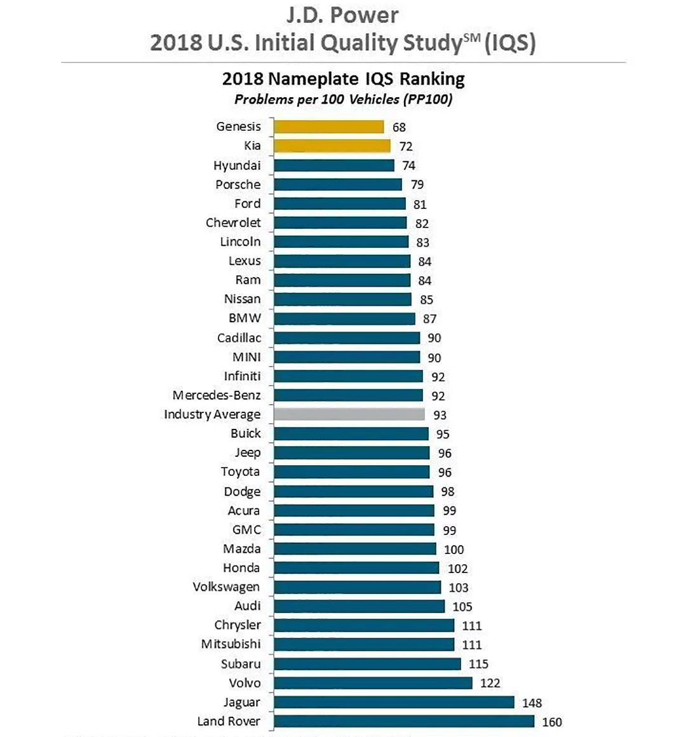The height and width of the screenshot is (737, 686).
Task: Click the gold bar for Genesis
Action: click(x=328, y=126)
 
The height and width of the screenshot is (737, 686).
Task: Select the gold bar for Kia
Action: click(x=332, y=145)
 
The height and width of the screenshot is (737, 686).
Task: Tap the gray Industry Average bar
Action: click(x=349, y=414)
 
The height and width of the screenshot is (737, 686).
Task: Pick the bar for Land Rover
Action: click(x=404, y=721)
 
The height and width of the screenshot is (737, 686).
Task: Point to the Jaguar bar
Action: click(x=394, y=702)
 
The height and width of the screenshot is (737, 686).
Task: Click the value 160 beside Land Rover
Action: click(x=552, y=722)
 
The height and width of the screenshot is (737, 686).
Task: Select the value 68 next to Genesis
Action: click(x=399, y=127)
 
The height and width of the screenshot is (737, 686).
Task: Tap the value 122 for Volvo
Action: click(x=490, y=683)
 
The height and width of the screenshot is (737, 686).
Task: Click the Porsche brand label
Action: click(x=238, y=184)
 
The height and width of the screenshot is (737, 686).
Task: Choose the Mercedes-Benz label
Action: click(x=217, y=395)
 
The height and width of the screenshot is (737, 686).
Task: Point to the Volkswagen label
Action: click(x=226, y=586)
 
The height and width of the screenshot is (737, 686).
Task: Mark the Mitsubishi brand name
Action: click(x=231, y=644)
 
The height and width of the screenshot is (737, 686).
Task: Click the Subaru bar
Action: click(x=367, y=664)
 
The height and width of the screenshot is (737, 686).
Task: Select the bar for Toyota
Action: click(x=351, y=471)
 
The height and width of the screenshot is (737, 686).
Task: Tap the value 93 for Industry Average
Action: click(x=440, y=415)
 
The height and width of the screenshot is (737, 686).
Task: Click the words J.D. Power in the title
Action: click(x=342, y=15)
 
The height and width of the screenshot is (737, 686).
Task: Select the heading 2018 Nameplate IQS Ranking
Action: click(x=343, y=79)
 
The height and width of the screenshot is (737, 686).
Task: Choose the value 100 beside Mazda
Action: click(x=454, y=550)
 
